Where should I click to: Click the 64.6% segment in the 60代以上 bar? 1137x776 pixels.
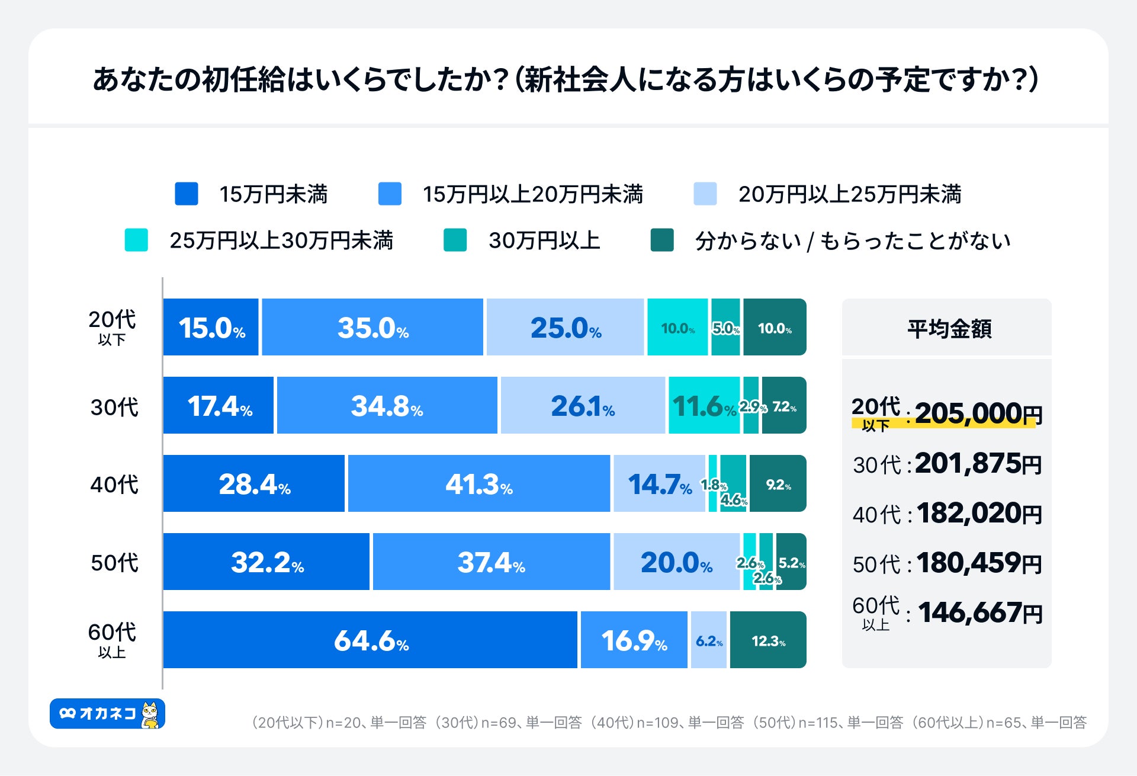[x=370, y=640]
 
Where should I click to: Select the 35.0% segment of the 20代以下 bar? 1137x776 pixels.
[x=372, y=327]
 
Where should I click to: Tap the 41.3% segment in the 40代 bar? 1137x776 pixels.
[x=478, y=483]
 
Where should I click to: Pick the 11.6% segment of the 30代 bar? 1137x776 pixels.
[x=704, y=405]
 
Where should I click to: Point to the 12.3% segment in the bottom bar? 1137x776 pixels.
[x=768, y=640]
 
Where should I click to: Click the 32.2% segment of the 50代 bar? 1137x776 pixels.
[x=266, y=562]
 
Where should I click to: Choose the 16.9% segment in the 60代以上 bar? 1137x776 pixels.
[x=634, y=640]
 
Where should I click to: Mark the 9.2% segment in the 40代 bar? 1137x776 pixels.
[x=778, y=483]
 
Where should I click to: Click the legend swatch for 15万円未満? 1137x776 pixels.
[x=187, y=194]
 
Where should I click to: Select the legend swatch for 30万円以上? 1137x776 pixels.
[x=455, y=240]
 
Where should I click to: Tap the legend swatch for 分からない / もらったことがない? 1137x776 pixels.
[x=662, y=240]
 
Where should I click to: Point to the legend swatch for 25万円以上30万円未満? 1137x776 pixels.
[x=136, y=240]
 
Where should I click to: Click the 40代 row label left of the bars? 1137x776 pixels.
[x=114, y=485]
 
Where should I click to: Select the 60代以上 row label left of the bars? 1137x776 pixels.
[x=112, y=639]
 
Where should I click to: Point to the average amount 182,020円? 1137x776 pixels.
[x=979, y=513]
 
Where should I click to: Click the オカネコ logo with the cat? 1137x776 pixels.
[x=107, y=714]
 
